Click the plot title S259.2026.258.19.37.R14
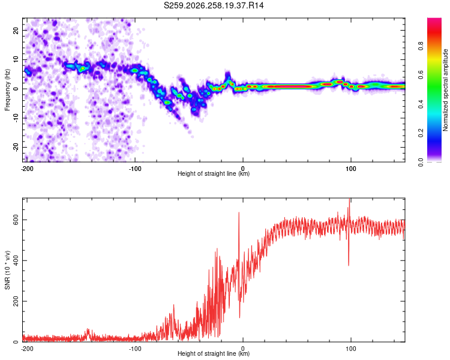click(214, 5)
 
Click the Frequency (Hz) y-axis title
click(7, 90)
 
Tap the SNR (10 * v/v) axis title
click(7, 270)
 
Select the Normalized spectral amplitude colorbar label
click(445, 90)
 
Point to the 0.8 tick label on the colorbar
click(421, 46)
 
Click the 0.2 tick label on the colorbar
click(421, 133)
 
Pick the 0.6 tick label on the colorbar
click(421, 75)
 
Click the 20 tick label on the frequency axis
click(16, 30)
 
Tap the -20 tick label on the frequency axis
click(16, 147)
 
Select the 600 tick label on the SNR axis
click(16, 220)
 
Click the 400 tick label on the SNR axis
click(16, 260)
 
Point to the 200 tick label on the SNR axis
click(16, 301)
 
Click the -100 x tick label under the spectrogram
click(135, 169)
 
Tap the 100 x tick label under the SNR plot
click(351, 349)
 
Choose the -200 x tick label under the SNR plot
click(27, 349)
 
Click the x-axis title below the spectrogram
click(214, 173)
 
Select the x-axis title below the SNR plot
click(214, 353)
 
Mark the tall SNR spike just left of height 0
click(239, 213)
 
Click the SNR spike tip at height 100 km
click(349, 199)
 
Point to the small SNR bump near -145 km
click(88, 330)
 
